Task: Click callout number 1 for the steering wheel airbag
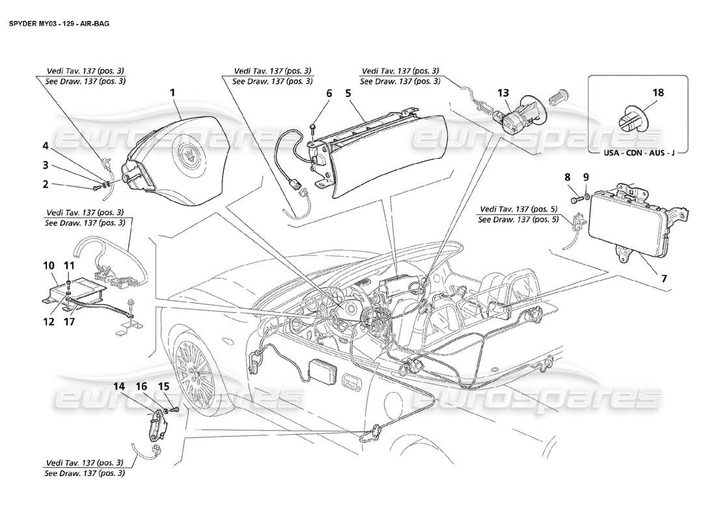(172, 93)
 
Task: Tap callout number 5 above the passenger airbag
(348, 94)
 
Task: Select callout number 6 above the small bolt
(329, 94)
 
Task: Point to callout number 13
(503, 94)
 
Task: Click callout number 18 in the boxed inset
(658, 93)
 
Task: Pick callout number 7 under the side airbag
(664, 279)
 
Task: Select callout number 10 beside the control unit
(49, 266)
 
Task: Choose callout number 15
(163, 386)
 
